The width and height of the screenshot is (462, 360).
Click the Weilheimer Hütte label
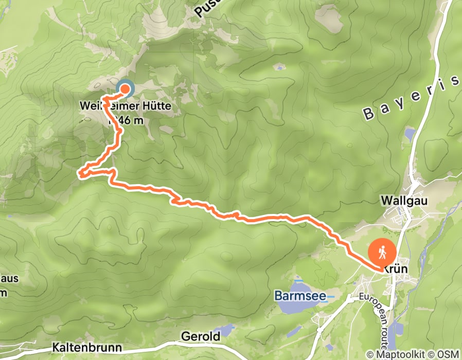coord(125,107)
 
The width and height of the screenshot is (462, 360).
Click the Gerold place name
coord(201,336)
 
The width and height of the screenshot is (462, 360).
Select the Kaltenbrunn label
coord(87,348)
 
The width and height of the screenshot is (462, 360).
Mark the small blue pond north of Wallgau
coord(410,135)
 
